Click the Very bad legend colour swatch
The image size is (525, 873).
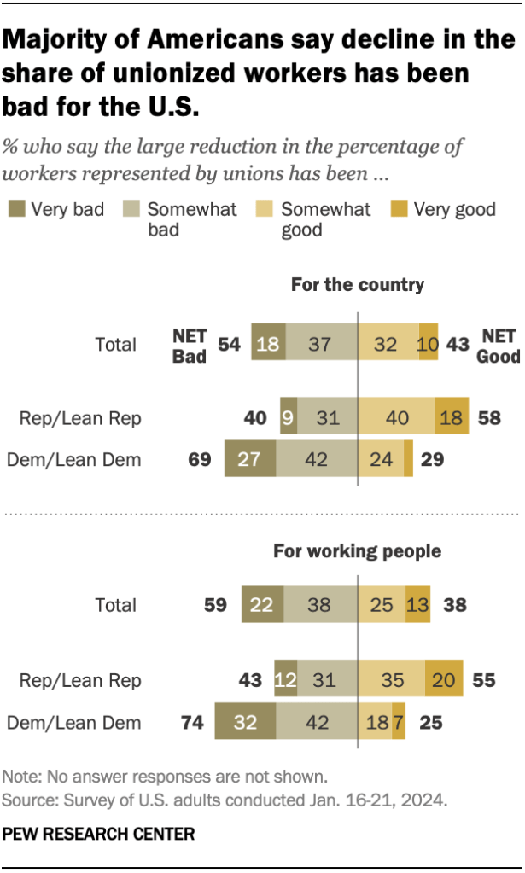click(16, 209)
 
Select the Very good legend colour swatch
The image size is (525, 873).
click(398, 209)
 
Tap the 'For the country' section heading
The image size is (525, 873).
click(358, 285)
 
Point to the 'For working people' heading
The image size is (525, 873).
click(357, 551)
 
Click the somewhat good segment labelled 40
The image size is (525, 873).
click(396, 418)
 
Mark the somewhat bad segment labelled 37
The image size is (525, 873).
click(321, 345)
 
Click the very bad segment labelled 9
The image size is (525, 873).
click(289, 418)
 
